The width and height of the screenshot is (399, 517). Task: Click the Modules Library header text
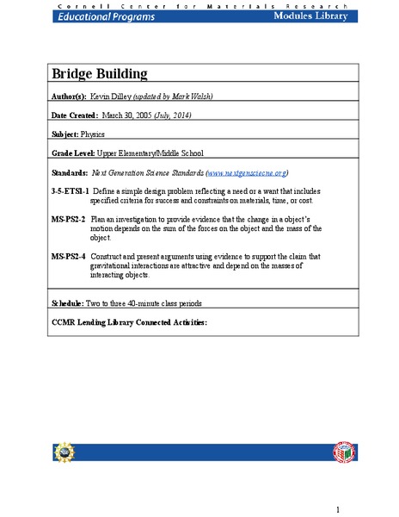[x=310, y=16]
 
